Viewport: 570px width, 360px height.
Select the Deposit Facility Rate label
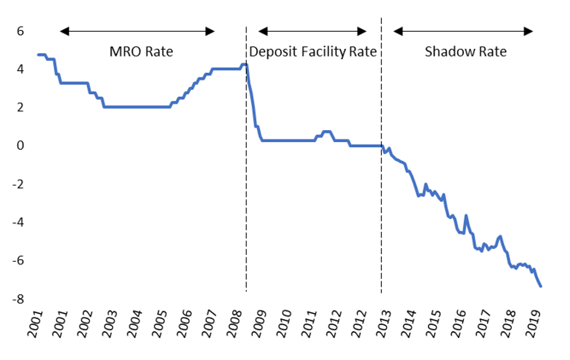click(x=314, y=52)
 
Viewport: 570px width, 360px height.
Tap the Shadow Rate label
click(x=465, y=52)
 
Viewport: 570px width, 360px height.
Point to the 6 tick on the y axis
click(x=20, y=31)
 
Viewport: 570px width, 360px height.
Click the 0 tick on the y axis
click(x=20, y=145)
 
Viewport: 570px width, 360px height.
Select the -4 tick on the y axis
click(x=17, y=222)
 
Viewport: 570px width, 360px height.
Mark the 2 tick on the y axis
click(x=20, y=107)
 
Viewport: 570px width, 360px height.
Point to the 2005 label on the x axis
click(x=159, y=326)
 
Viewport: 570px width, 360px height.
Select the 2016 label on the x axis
click(x=458, y=326)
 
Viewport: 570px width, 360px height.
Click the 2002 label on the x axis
click(x=84, y=326)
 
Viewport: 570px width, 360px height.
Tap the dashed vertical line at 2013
click(x=381, y=214)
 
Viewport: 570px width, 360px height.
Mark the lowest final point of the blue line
click(x=541, y=286)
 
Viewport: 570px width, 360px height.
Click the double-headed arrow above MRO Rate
click(x=136, y=32)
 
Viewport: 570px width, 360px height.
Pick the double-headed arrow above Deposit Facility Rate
click(x=313, y=32)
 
